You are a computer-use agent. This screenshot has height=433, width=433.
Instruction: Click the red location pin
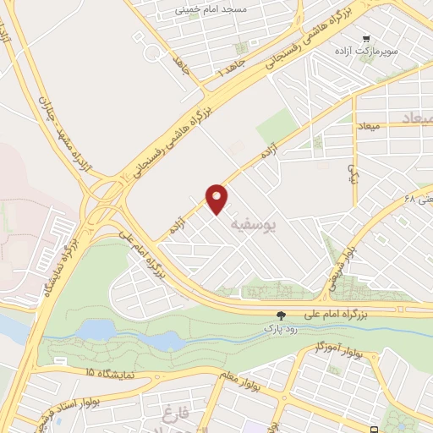point(218,198)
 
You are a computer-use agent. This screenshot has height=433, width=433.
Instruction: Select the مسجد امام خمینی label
point(210,8)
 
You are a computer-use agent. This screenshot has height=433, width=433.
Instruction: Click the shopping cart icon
point(365,38)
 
